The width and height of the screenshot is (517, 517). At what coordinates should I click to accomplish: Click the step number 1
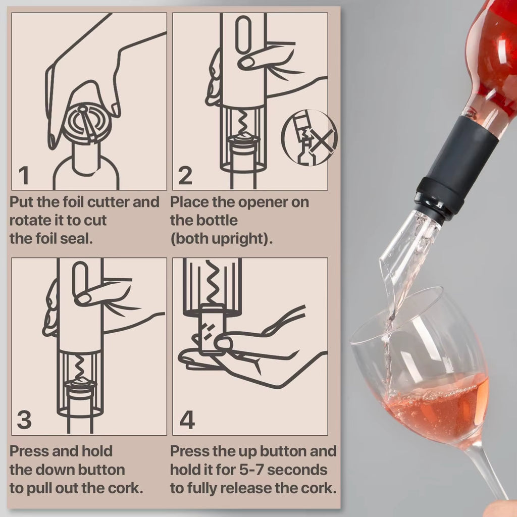tap(24, 176)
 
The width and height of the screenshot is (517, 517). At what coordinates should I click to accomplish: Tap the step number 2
tap(185, 176)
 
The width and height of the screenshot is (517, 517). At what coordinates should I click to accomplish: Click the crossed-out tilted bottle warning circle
tap(309, 138)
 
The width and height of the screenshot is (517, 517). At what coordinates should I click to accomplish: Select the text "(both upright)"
tap(221, 239)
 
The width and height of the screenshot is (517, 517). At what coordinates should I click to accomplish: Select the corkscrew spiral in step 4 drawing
tap(212, 283)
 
